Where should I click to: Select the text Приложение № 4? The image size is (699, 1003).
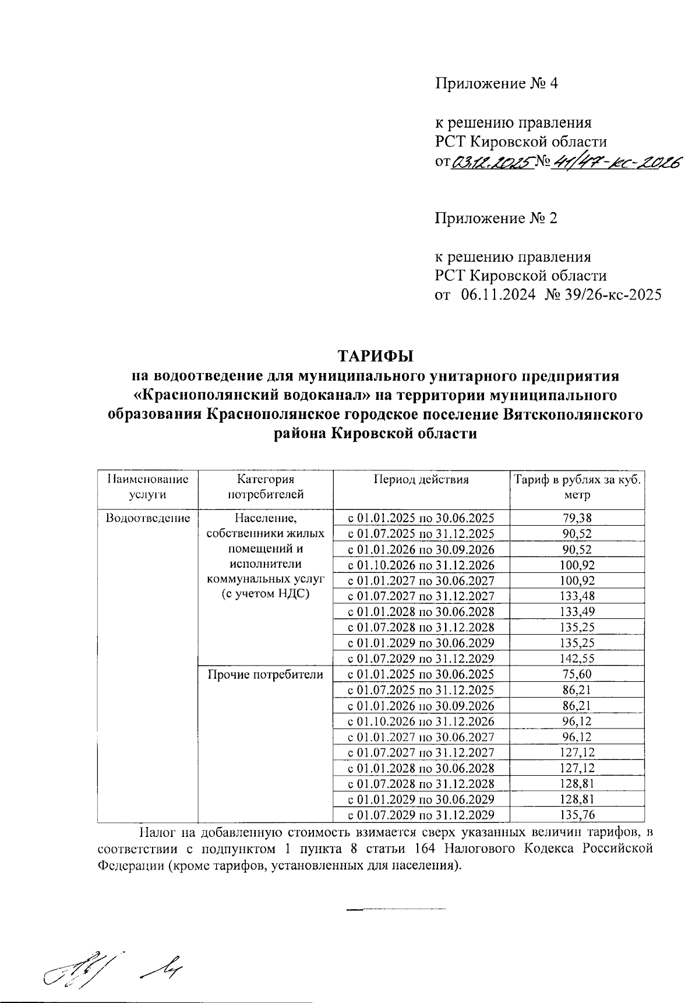tap(496, 83)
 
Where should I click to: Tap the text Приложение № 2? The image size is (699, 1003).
tap(496, 219)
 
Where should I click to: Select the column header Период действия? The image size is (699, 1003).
tap(421, 480)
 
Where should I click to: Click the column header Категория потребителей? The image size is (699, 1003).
tap(265, 487)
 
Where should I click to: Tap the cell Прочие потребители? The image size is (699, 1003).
tap(265, 675)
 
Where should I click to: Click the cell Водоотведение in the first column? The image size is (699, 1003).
tap(147, 518)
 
